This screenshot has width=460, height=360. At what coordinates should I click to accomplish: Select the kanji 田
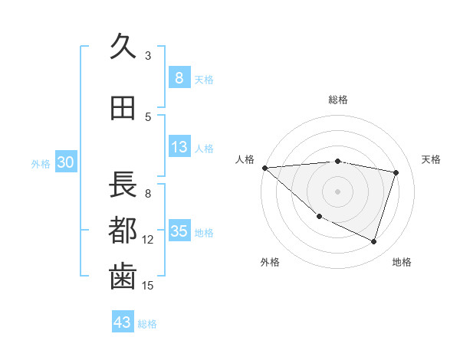(x=123, y=109)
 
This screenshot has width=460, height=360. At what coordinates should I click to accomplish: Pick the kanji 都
(x=123, y=230)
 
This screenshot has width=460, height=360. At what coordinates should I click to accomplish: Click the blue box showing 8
(x=179, y=78)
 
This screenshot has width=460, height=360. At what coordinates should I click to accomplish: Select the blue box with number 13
(x=179, y=148)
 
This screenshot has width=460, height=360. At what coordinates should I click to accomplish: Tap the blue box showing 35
(x=179, y=231)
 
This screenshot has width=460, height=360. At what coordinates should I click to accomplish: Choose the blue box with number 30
(x=66, y=162)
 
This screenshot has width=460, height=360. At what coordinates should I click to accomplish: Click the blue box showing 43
(x=123, y=322)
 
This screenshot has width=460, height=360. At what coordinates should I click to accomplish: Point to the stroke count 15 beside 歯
(x=148, y=286)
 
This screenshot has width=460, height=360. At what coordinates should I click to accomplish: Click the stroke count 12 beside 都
(x=148, y=240)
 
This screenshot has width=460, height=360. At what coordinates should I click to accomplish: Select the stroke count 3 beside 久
(x=148, y=55)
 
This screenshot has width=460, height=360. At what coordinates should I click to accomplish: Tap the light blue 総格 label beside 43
(x=147, y=324)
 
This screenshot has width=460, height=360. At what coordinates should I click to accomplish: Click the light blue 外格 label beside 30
(x=41, y=163)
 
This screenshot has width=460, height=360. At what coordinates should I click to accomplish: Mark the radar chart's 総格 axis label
(x=338, y=100)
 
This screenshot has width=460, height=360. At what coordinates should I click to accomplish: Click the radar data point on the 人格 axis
(x=264, y=168)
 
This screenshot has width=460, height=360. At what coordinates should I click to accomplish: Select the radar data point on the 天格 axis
(x=396, y=172)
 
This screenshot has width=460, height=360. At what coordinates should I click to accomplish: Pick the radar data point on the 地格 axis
(x=373, y=242)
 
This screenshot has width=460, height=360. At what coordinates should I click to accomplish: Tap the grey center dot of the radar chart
(x=337, y=191)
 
